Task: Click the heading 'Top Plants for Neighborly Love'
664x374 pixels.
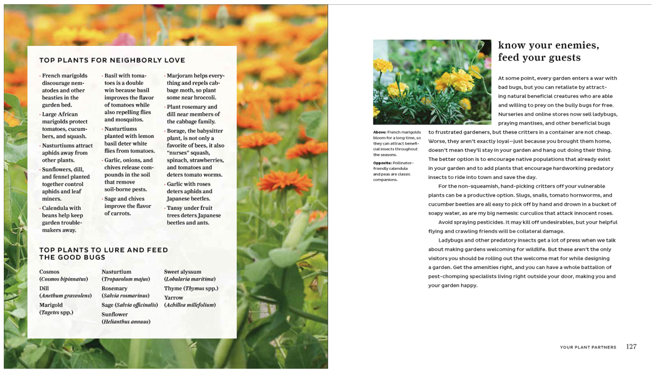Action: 112,61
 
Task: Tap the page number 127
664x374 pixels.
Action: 631,347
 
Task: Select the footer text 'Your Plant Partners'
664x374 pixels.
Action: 588,347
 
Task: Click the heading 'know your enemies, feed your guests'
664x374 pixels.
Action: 549,52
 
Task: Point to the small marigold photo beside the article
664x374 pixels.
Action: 432,82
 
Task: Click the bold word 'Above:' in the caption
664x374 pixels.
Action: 380,132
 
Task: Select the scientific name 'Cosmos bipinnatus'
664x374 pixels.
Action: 63,279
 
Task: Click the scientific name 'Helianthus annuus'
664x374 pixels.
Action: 126,322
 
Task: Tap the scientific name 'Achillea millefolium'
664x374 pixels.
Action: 190,305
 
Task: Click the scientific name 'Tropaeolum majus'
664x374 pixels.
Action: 126,279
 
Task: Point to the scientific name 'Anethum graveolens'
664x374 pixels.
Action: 65,296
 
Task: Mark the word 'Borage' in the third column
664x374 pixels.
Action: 176,131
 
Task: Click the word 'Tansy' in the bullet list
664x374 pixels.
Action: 175,208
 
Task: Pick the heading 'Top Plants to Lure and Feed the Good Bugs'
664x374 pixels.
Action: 104,253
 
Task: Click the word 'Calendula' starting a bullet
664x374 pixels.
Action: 56,208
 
